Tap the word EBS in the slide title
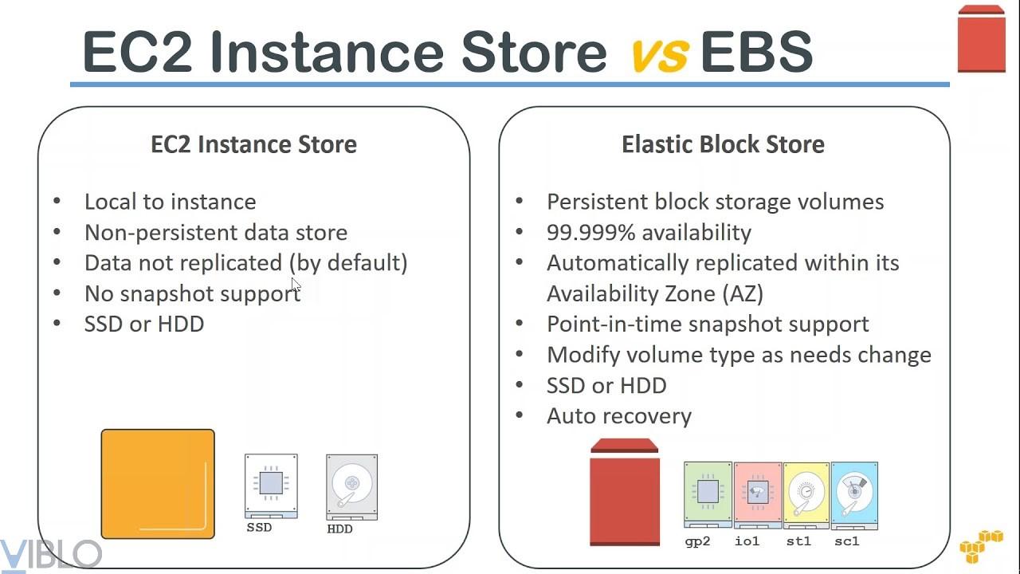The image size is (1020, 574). [757, 52]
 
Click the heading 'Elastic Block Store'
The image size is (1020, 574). [723, 144]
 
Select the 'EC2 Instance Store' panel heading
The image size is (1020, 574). [253, 144]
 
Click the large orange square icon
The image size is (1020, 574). [158, 484]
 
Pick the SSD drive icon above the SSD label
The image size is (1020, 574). [272, 486]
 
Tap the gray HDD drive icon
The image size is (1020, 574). [352, 487]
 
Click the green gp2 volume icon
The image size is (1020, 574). [708, 495]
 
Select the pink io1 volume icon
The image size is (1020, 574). [758, 495]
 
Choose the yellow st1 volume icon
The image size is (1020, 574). [806, 496]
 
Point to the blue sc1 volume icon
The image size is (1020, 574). [855, 496]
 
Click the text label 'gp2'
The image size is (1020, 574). [697, 541]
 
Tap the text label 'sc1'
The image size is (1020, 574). [847, 541]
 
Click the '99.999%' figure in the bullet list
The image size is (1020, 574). [590, 232]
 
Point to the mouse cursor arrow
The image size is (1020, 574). [296, 285]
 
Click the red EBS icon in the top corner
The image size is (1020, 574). [981, 39]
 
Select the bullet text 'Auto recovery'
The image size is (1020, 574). [619, 416]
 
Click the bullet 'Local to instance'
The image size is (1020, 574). [171, 202]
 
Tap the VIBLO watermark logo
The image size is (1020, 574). [50, 555]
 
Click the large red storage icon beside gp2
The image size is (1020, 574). [625, 492]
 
